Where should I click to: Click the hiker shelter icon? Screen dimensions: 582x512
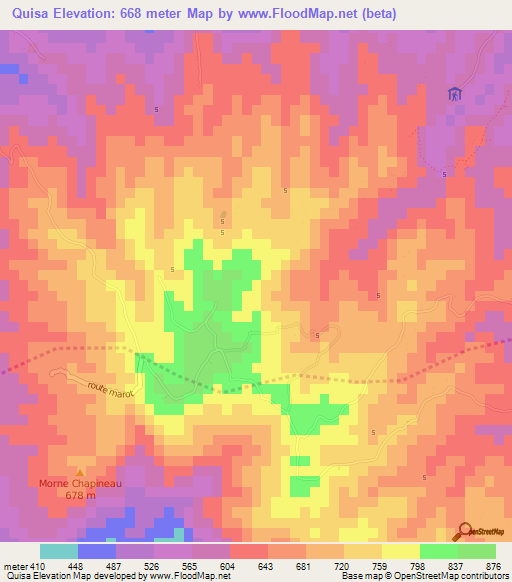[x=455, y=94]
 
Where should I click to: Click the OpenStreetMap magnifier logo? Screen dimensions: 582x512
[x=464, y=531]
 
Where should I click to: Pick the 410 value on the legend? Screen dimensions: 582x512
[x=38, y=564]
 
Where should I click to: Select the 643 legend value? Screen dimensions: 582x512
[x=267, y=564]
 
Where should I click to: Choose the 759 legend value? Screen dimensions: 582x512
[x=381, y=564]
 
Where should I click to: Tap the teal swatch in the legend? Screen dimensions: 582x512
[x=59, y=551]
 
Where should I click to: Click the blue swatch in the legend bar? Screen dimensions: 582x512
[x=97, y=551]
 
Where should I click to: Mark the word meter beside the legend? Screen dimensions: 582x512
[x=14, y=564]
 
